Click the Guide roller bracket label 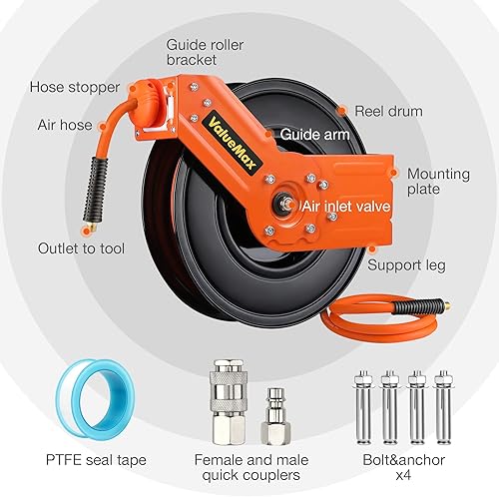[x=205, y=52]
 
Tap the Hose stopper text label [x=75, y=87]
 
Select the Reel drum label [x=388, y=111]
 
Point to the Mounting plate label [x=438, y=182]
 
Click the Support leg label [x=406, y=265]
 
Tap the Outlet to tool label [x=81, y=248]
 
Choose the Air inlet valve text [x=346, y=207]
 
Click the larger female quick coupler [x=229, y=401]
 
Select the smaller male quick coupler [x=275, y=416]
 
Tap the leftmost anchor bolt [x=363, y=407]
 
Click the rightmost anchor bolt [x=443, y=407]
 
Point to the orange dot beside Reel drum [x=342, y=111]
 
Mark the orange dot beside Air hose [x=103, y=126]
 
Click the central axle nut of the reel [x=283, y=203]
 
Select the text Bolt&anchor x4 [x=403, y=467]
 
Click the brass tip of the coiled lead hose [x=447, y=303]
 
